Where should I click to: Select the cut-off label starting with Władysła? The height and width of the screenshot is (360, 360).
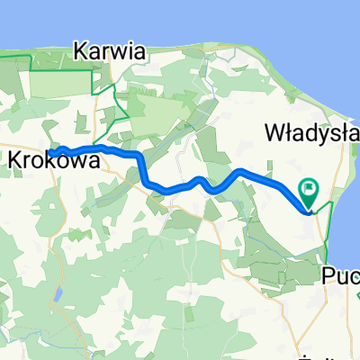[310, 133]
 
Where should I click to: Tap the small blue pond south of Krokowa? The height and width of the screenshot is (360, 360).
[58, 293]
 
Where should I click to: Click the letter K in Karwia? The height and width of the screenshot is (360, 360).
[84, 51]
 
